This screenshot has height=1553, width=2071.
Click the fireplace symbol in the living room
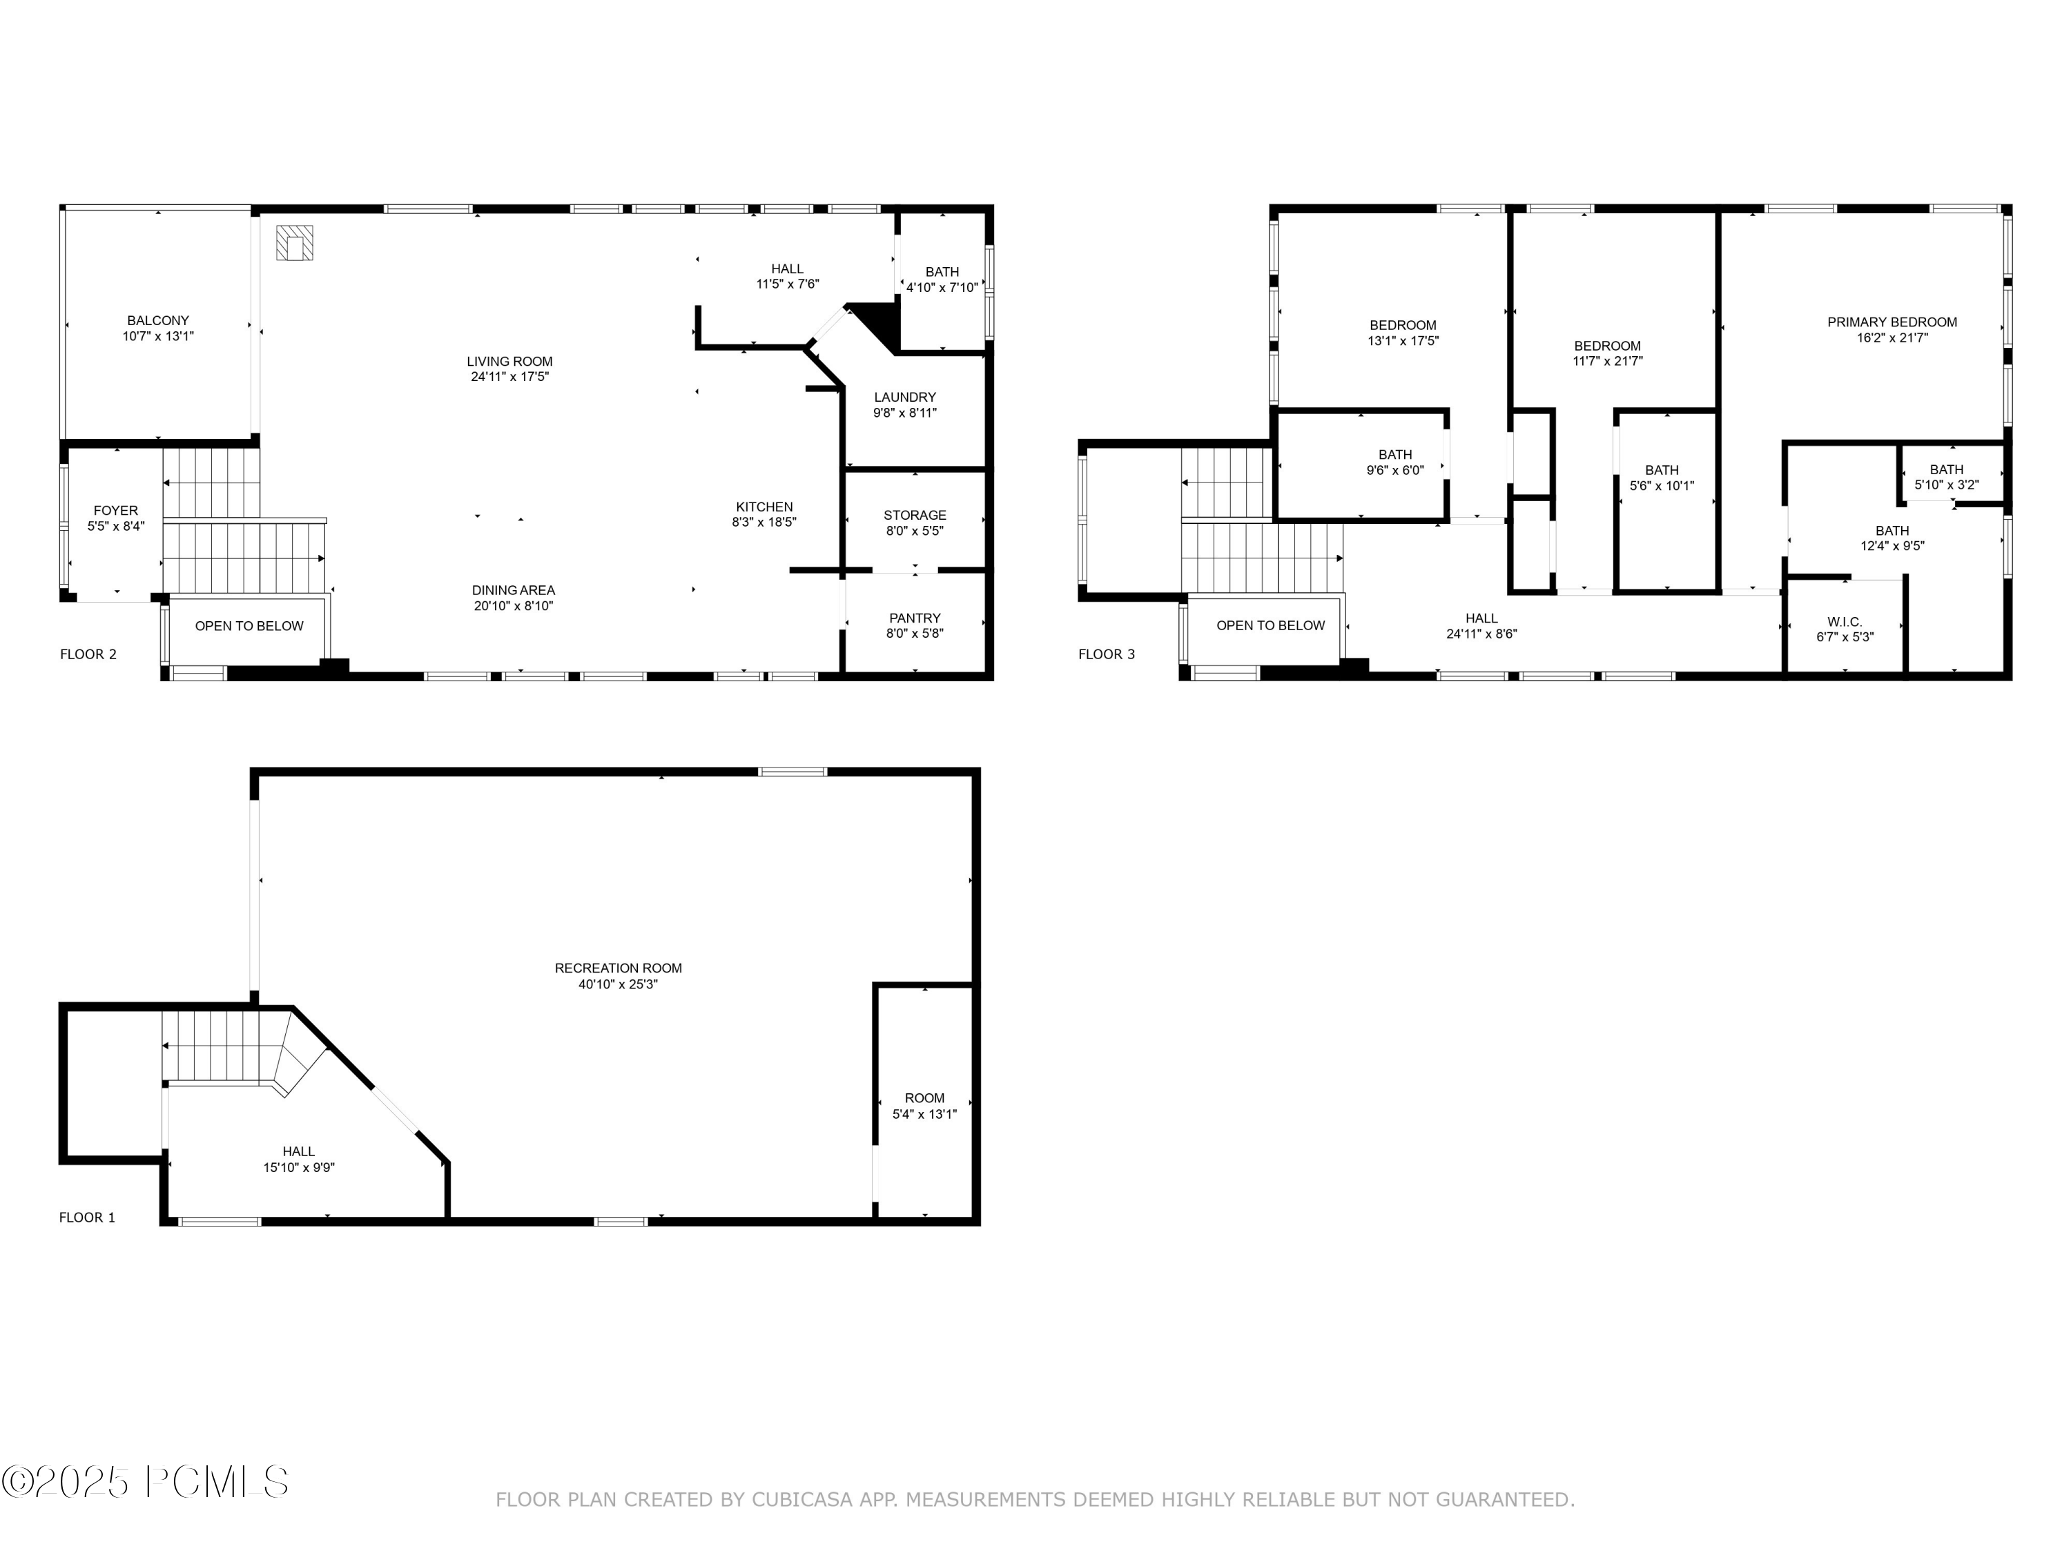click(x=294, y=242)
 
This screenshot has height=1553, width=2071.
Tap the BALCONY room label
click(x=158, y=321)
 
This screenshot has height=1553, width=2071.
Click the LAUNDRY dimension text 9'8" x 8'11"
click(x=904, y=413)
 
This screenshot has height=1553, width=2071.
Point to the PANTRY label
click(x=915, y=618)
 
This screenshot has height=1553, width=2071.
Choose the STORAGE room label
click(x=915, y=515)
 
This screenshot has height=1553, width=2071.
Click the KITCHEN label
click(x=764, y=507)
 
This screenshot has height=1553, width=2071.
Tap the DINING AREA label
click(x=513, y=589)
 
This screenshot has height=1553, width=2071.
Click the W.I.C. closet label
click(x=1845, y=622)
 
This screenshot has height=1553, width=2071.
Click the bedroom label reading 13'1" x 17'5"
click(x=1403, y=333)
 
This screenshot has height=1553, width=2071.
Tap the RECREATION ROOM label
click(x=618, y=968)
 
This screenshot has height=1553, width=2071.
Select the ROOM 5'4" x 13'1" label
click(x=924, y=1106)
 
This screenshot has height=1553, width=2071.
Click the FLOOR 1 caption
click(x=87, y=1217)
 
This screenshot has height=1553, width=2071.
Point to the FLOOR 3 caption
click(x=1106, y=654)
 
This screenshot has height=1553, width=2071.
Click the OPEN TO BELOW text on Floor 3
click(x=1270, y=625)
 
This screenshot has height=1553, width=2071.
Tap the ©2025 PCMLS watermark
click(x=145, y=1482)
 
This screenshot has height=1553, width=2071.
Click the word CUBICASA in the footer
click(x=801, y=1500)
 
